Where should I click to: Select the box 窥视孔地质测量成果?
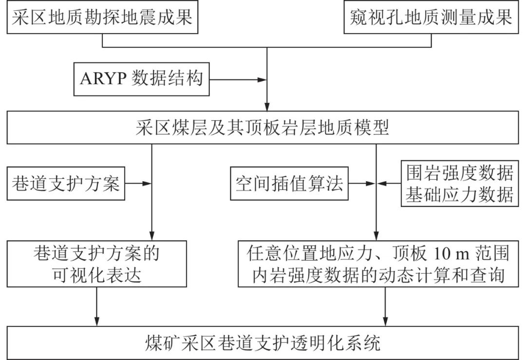tap(431, 18)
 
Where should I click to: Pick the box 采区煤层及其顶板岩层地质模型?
tap(263, 128)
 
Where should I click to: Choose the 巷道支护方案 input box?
tap(65, 184)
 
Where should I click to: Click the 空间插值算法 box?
tap(289, 184)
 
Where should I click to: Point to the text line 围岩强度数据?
tap(459, 174)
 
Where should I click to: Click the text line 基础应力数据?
tap(459, 194)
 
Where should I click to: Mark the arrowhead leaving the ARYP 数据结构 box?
tap(263, 79)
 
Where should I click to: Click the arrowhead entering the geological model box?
tap(267, 107)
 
